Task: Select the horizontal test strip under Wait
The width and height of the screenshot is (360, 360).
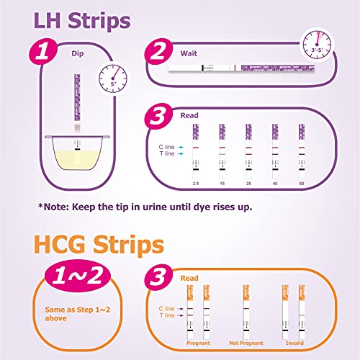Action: [238, 69]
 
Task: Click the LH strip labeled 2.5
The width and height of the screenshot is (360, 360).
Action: [196, 150]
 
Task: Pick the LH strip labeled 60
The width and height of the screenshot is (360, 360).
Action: [301, 150]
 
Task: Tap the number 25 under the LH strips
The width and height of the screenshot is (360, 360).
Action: [248, 186]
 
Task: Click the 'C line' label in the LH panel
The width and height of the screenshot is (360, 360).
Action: [168, 146]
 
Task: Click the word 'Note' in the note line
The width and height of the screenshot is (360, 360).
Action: [58, 207]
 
